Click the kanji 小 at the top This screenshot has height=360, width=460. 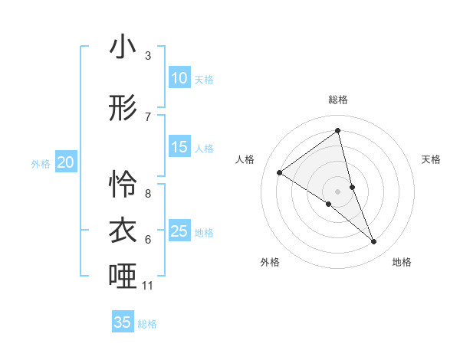pos(123,47)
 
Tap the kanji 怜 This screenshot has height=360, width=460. pos(123,185)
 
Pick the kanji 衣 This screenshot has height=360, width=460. pos(123,231)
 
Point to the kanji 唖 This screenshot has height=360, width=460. pos(123,277)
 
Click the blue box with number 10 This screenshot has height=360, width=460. pos(179,78)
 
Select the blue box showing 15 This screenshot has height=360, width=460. pos(179,147)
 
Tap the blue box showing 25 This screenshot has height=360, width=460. pos(179,231)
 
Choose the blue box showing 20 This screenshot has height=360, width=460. pos(66,162)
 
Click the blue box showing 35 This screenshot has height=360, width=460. pos(123,322)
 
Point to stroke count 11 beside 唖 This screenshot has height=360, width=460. pos(148,286)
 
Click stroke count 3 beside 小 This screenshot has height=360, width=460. pos(148,56)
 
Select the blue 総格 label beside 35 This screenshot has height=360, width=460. pos(147,323)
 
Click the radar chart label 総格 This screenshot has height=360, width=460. pos(338,100)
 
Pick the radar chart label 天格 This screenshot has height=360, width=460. pos(431,159)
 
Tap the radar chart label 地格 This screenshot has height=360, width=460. pos(402,262)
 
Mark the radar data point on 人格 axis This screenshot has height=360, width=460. pos(279,172)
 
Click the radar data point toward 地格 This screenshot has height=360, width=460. pos(374,242)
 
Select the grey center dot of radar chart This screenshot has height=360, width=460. pos(338,191)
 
